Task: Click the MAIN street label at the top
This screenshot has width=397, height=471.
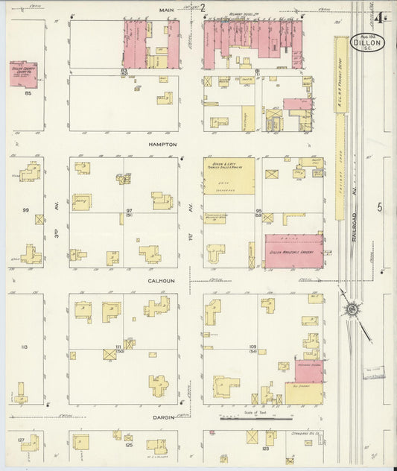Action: pos(166,10)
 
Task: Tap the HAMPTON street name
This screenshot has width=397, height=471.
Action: pos(162,144)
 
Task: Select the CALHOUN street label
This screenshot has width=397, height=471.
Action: pos(162,281)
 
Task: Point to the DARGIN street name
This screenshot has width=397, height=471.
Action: pos(162,417)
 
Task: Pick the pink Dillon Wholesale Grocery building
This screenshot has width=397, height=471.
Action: pos(294,250)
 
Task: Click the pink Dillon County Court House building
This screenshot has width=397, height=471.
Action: pos(23,74)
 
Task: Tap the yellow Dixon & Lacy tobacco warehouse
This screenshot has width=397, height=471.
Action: pos(229,176)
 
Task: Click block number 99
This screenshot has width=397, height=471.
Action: pos(25,210)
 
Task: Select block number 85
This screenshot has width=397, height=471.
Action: pos(27,93)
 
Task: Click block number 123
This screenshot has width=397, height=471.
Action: pos(264,449)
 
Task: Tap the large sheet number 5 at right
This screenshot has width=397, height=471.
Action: pos(379,208)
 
